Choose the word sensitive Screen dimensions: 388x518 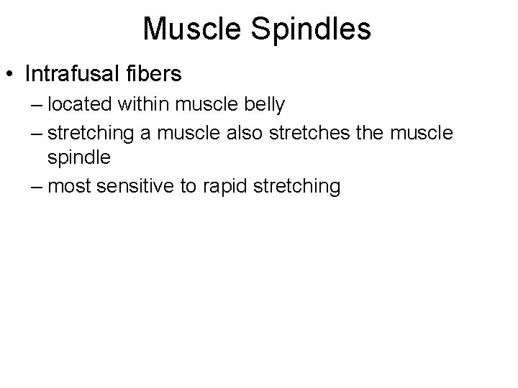(x=135, y=187)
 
